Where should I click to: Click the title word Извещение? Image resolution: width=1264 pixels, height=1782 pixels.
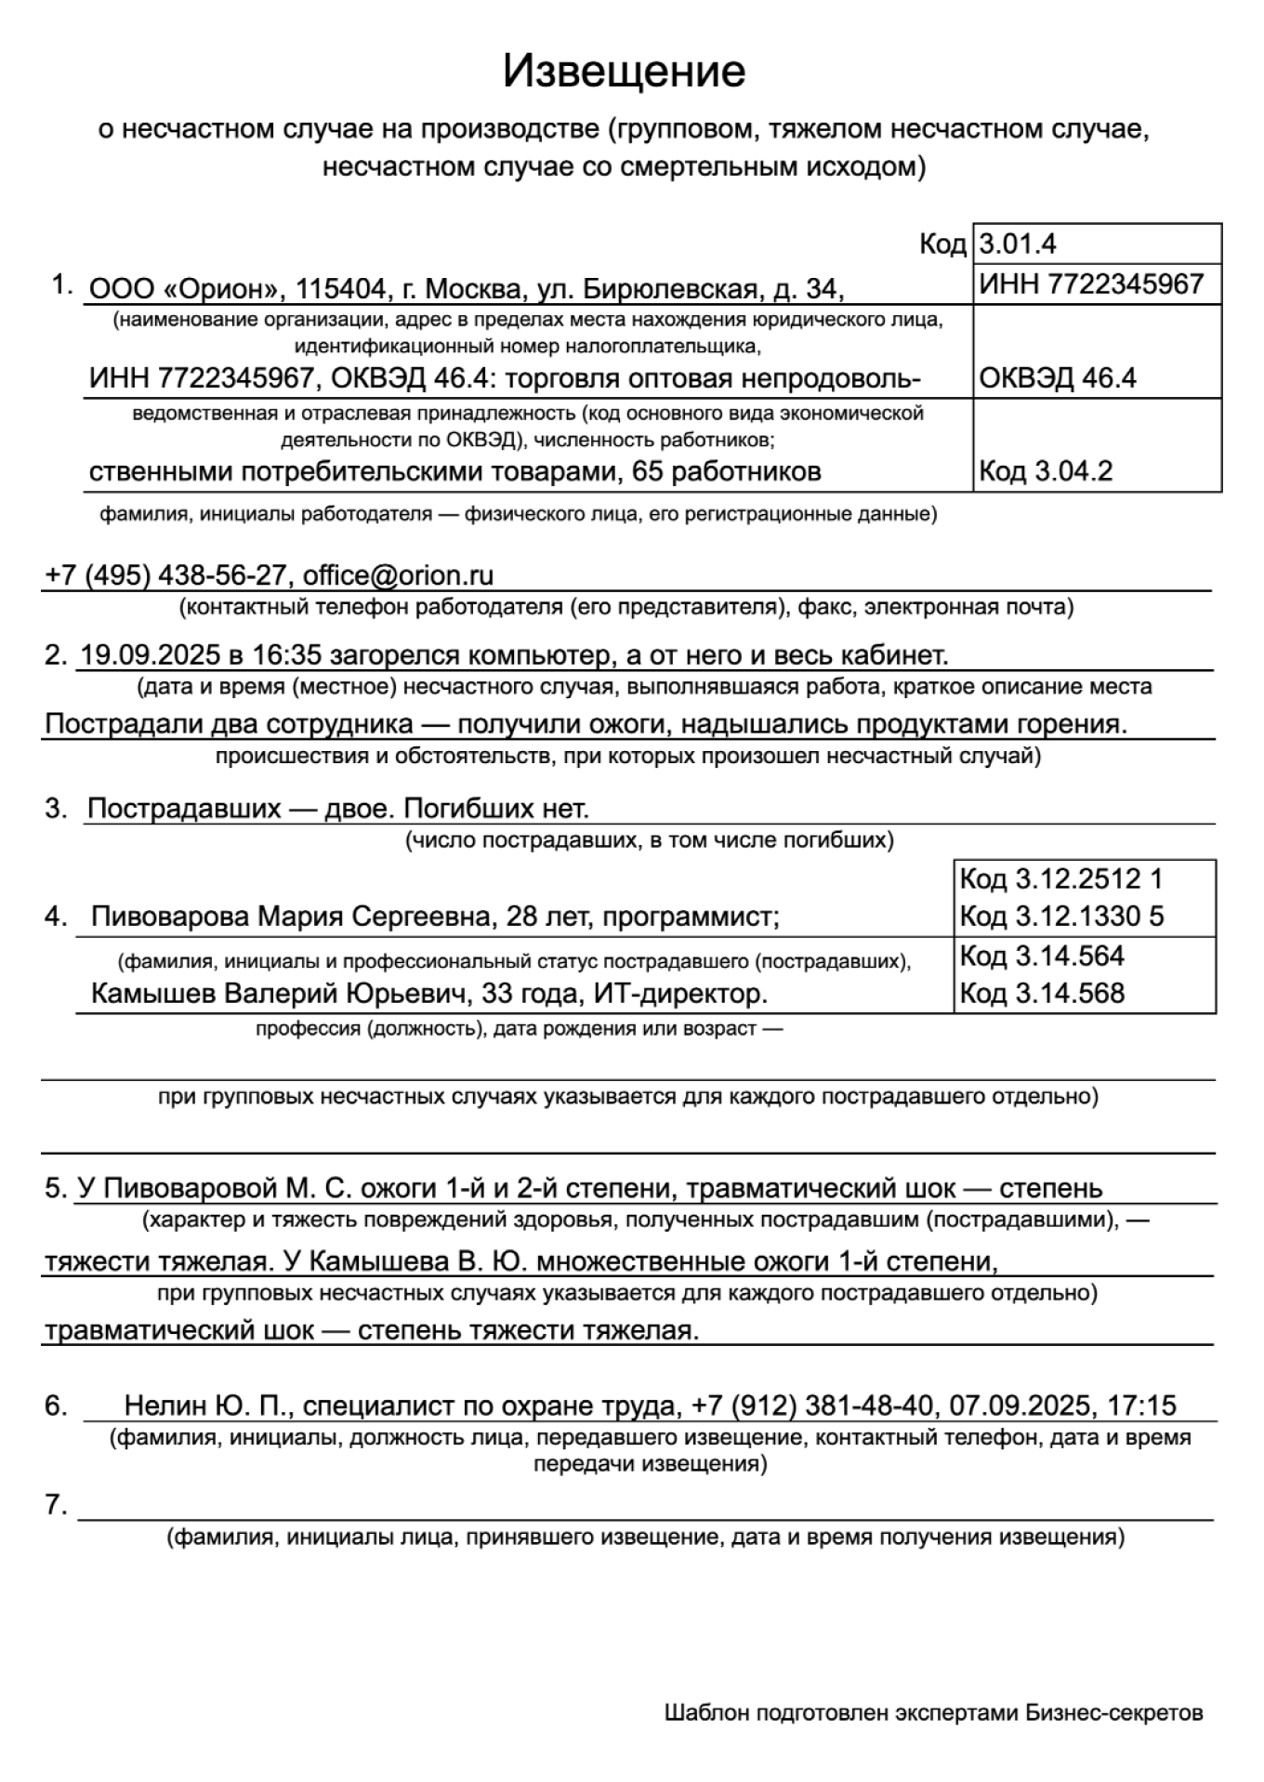[x=624, y=72]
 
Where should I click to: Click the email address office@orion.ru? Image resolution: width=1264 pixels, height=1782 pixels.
[x=398, y=575]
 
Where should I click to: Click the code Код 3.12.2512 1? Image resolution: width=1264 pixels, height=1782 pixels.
[x=1060, y=879]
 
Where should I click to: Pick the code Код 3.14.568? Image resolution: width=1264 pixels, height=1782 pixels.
[x=1042, y=994]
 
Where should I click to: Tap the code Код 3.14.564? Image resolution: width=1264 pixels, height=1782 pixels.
[x=1042, y=956]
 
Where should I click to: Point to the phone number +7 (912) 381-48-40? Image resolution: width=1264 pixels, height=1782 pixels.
[x=812, y=1406]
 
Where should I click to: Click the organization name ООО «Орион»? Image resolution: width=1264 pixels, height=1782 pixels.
[x=184, y=290]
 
